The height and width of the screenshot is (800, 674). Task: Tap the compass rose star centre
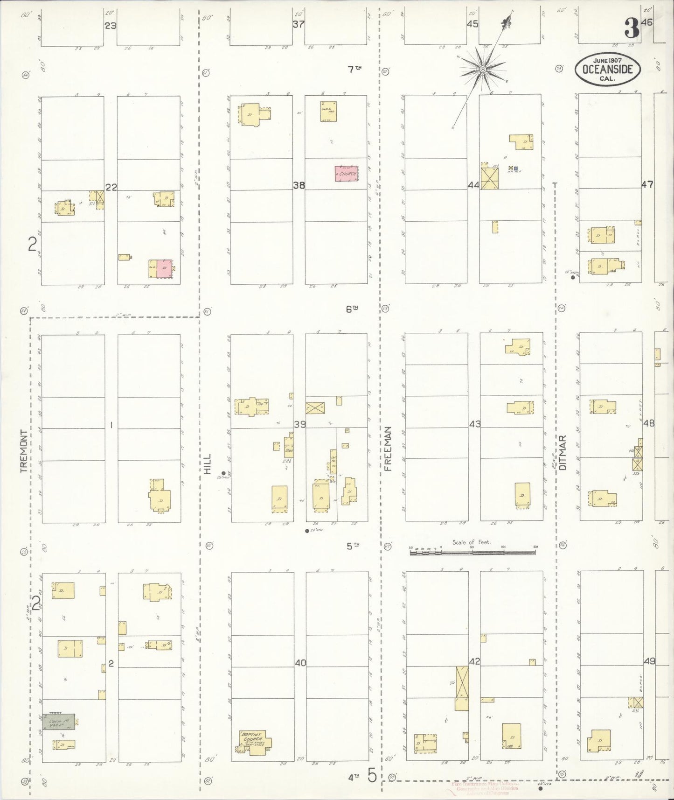(483, 70)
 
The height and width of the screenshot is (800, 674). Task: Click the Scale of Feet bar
(473, 553)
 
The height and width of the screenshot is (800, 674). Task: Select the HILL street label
(208, 464)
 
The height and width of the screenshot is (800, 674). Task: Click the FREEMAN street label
(388, 448)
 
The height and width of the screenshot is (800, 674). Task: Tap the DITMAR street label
(563, 452)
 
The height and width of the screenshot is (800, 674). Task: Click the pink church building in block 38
(346, 174)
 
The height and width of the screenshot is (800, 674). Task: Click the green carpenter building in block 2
(59, 722)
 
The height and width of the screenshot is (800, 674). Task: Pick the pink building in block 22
(164, 269)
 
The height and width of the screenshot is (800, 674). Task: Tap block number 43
(475, 424)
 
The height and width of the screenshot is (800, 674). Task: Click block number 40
(300, 663)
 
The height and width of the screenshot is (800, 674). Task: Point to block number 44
(473, 185)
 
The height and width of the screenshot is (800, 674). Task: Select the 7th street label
(354, 69)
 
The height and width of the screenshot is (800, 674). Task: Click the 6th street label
(352, 309)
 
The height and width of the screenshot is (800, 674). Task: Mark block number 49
(649, 661)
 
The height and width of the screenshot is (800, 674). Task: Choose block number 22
(111, 187)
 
